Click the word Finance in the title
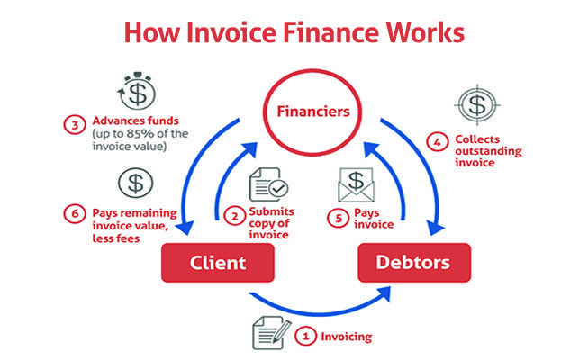(330, 32)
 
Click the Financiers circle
(312, 71)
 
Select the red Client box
(218, 263)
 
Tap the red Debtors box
(414, 263)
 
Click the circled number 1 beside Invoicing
(305, 336)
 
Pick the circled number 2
(235, 217)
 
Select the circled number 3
(75, 125)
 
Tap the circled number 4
(438, 142)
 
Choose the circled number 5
(339, 218)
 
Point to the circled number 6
(75, 214)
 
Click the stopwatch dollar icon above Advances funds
(137, 90)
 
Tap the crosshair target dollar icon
(477, 105)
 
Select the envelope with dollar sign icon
(356, 184)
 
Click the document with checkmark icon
(268, 184)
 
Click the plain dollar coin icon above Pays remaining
(135, 184)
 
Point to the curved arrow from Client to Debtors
(321, 312)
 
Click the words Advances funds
(135, 121)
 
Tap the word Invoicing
(346, 337)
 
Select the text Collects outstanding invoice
(488, 151)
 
